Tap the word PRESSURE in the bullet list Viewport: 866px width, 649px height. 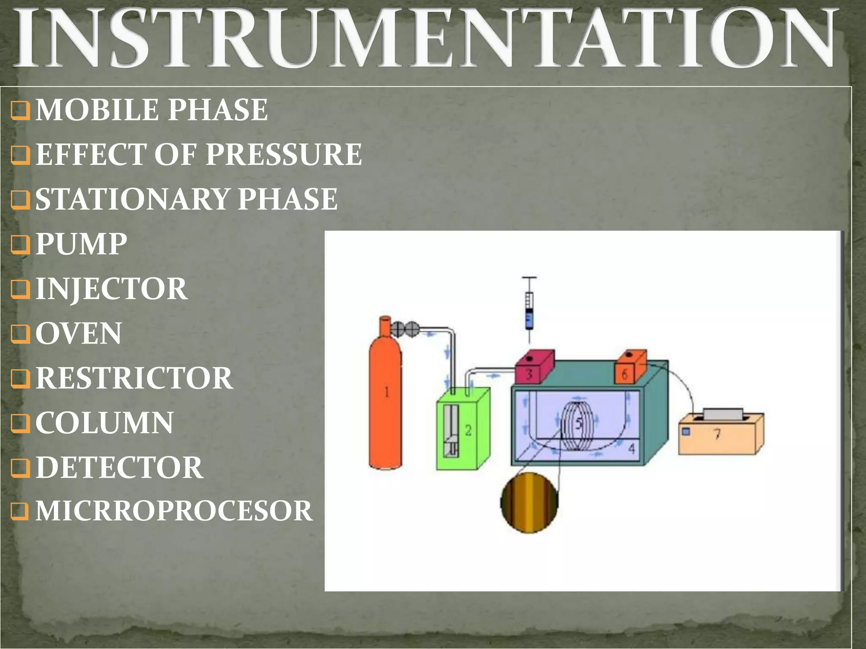pyautogui.click(x=284, y=154)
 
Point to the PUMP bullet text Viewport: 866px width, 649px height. pyautogui.click(x=81, y=244)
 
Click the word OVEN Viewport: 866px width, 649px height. pyautogui.click(x=79, y=333)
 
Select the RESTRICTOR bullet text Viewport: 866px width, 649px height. pyautogui.click(x=134, y=378)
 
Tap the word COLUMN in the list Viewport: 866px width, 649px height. pyautogui.click(x=104, y=423)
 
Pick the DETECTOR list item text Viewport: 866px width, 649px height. pyautogui.click(x=119, y=467)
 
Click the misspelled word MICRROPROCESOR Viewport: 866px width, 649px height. pyautogui.click(x=174, y=511)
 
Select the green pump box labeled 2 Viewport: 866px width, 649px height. pyautogui.click(x=463, y=429)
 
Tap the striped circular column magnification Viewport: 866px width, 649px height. pyautogui.click(x=529, y=503)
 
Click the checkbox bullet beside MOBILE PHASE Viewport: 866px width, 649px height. pyautogui.click(x=20, y=111)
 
